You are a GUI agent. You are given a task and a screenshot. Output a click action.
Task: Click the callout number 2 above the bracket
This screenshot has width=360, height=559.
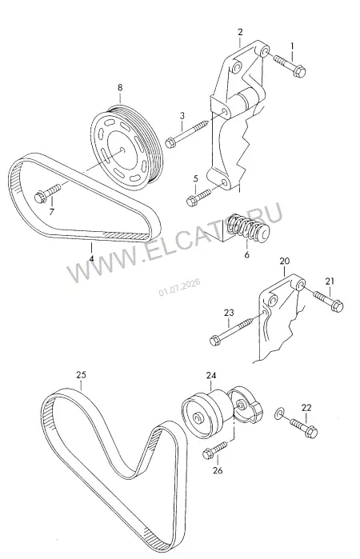240,32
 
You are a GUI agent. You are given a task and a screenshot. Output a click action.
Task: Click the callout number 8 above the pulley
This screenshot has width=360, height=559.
120,87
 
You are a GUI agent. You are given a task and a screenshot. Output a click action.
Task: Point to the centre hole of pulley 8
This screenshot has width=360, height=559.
122,150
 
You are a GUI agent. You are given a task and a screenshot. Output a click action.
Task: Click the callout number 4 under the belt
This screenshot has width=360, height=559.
92,258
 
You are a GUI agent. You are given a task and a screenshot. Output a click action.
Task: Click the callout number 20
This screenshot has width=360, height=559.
284,261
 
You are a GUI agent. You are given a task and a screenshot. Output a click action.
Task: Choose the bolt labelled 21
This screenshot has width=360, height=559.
328,301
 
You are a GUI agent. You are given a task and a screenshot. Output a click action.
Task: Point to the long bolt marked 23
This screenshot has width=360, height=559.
234,330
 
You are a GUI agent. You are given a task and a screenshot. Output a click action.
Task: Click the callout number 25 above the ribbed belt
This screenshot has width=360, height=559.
81,375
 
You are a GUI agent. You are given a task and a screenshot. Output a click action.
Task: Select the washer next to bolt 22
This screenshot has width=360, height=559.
279,413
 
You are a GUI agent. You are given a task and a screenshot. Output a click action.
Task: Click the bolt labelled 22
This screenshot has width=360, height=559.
304,427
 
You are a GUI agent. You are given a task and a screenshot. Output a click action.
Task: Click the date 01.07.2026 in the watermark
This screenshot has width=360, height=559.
179,287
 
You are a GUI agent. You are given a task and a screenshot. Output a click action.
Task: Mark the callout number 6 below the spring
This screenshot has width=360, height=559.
247,255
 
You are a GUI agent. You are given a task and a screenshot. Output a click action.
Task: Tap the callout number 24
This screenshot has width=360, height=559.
211,375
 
